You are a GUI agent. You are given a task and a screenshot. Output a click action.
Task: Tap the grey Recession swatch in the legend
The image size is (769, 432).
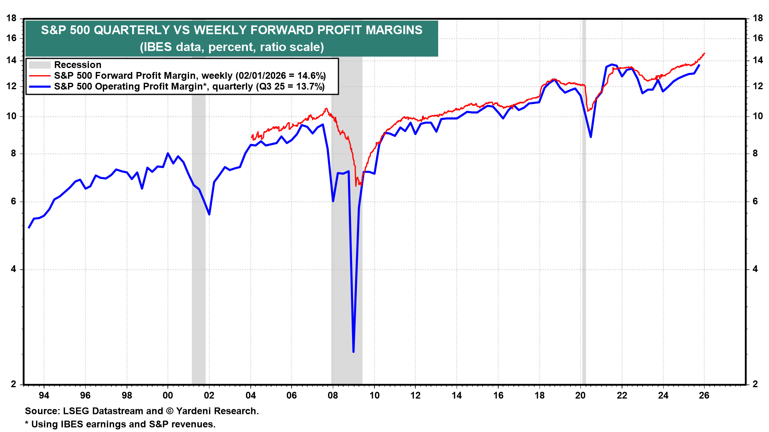click(40, 65)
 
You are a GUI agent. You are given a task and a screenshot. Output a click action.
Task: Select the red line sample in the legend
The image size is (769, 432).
click(40, 76)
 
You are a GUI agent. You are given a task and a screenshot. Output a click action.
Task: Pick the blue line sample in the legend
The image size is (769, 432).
click(40, 86)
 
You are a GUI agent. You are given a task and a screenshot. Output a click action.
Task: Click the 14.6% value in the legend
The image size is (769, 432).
click(310, 76)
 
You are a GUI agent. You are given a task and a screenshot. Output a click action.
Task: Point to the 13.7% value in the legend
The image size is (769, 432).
click(309, 86)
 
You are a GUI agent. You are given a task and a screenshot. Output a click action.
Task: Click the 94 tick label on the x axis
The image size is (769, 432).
click(44, 396)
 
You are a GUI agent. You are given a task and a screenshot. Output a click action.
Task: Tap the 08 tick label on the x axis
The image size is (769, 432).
click(333, 396)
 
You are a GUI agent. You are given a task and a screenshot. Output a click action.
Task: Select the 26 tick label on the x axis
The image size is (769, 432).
click(704, 396)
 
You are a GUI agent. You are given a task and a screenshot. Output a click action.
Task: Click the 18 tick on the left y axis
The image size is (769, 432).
click(12, 18)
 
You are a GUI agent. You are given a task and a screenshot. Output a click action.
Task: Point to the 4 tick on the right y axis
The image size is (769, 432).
click(755, 269)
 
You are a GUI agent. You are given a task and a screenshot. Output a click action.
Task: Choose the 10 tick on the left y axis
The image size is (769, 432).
click(12, 116)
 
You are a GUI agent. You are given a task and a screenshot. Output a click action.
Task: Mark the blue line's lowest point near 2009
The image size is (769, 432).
click(353, 352)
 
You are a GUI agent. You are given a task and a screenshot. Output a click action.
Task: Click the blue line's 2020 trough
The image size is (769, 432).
click(591, 137)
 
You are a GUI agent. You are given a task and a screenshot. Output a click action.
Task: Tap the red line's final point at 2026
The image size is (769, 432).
click(704, 53)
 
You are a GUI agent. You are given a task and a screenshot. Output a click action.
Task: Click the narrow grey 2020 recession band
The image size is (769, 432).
click(584, 240)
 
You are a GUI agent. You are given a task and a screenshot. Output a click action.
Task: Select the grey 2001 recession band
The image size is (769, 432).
click(199, 240)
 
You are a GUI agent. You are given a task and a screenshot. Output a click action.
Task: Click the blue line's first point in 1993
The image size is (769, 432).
click(29, 228)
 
